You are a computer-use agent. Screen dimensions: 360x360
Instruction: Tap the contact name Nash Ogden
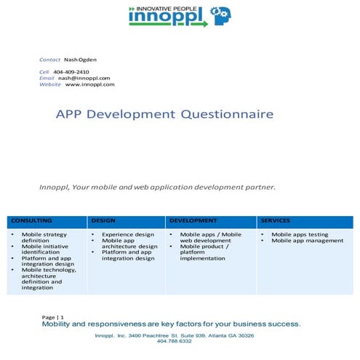(81, 58)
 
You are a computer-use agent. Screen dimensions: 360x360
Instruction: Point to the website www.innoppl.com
(89, 84)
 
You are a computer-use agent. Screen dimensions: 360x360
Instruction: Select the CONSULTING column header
(32, 220)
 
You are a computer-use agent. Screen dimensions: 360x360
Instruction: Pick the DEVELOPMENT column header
(193, 220)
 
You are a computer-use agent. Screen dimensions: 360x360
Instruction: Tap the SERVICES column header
(276, 220)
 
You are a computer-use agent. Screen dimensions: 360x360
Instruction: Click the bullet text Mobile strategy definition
(44, 238)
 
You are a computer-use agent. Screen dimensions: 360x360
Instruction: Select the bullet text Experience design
(128, 235)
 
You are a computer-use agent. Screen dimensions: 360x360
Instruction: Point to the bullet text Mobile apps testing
(300, 235)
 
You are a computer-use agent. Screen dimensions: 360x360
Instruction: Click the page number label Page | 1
(53, 318)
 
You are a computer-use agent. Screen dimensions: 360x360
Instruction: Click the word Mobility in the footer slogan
(63, 324)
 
